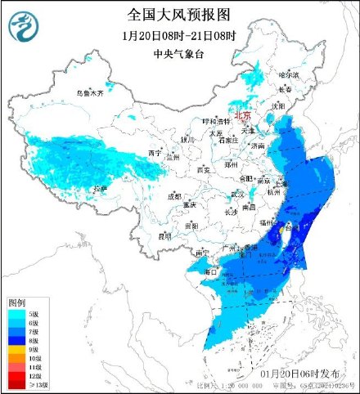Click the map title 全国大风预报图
(x=179, y=15)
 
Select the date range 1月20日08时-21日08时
(x=179, y=36)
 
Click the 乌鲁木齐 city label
(x=92, y=94)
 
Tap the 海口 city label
(x=210, y=271)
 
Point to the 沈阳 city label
(x=302, y=105)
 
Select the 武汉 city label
(x=238, y=194)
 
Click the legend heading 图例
(x=18, y=302)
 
